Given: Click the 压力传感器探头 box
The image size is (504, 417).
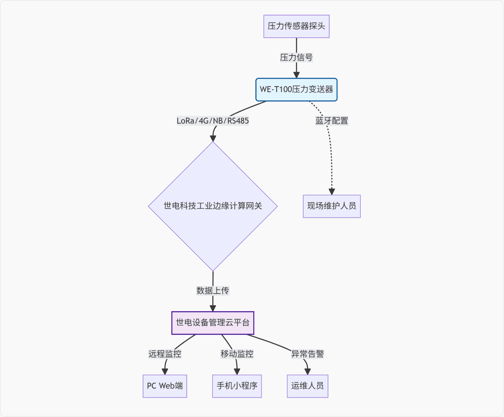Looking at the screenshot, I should coord(296,26).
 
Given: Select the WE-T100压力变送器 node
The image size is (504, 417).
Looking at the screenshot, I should coord(296,90).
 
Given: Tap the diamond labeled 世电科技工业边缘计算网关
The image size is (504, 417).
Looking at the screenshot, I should coord(213,206).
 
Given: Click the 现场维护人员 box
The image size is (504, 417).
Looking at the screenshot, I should coord(331,206).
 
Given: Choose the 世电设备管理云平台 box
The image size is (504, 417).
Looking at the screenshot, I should coord(213,323).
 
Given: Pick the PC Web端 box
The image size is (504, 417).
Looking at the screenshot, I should coord(165,386).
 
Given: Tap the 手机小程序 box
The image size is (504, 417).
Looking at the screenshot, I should coord(237,386).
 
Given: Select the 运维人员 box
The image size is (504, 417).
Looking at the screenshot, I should coord(308,386).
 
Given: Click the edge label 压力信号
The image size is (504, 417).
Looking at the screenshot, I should coord(296,58).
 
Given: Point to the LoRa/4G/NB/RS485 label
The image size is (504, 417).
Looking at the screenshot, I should coord(213,121).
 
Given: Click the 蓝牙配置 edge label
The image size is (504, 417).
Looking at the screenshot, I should coord(331,121).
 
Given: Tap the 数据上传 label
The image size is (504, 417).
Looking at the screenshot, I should coord(213,291).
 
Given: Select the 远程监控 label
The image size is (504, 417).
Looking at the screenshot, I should coord(165,354).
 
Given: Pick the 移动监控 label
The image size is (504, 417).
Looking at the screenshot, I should coord(237,354).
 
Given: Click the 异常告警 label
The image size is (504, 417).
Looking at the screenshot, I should coord(308,354).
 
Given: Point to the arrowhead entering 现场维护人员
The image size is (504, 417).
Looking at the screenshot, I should coord(332,191).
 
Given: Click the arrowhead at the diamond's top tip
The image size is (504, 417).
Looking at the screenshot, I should coord(213,138).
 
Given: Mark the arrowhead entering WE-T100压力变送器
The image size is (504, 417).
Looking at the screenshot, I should coord(296,75).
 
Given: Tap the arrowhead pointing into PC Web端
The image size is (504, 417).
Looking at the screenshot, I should coord(165,371).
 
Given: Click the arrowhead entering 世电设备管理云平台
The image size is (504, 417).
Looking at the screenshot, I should coord(213,308).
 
